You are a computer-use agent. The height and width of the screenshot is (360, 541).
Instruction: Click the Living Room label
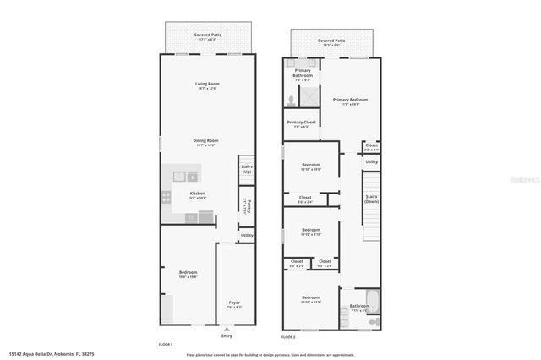tap(207, 85)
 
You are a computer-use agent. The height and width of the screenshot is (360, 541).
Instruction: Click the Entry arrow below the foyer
tap(226, 330)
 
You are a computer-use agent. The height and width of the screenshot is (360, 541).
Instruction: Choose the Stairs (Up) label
tap(247, 169)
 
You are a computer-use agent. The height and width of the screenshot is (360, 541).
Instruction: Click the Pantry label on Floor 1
tap(244, 204)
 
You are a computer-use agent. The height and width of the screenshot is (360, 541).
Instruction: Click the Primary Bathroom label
tap(303, 73)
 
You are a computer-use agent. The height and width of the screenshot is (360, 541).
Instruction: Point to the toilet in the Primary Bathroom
tap(291, 100)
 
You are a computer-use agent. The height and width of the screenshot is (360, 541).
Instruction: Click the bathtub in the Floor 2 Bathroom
tap(374, 302)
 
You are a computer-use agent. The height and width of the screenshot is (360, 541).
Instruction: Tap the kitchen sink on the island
tap(180, 177)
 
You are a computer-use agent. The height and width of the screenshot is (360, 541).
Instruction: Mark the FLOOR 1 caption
tap(166, 345)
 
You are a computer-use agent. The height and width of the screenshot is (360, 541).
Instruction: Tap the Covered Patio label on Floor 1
tap(207, 36)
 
